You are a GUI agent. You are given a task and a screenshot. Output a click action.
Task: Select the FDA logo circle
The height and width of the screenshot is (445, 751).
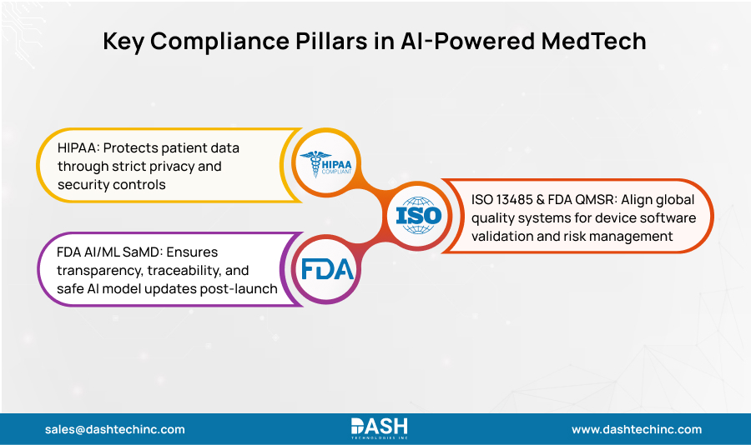point(328,268)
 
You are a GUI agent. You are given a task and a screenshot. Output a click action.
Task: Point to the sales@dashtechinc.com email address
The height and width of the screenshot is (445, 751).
point(115,429)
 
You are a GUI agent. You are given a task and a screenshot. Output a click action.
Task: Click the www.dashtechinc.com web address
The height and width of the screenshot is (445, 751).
point(637,429)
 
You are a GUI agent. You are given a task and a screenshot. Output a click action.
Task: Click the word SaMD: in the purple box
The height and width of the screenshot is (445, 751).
point(126,252)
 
